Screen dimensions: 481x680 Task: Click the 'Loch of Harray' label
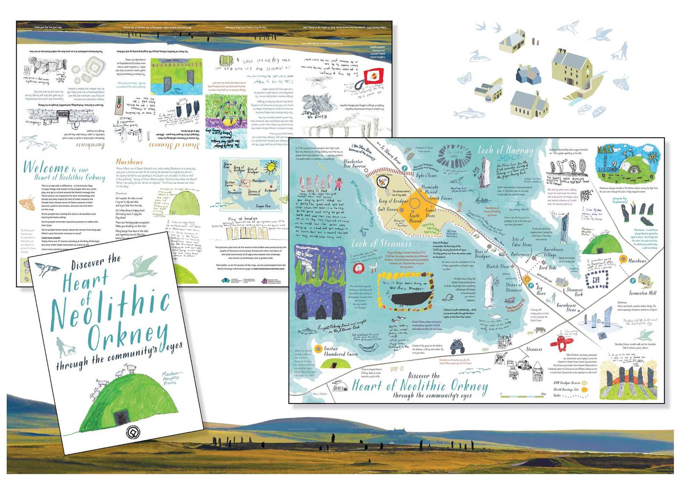(x=505, y=150)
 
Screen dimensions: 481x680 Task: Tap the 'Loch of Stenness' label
(x=381, y=244)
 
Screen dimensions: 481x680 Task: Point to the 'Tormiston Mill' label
(x=643, y=293)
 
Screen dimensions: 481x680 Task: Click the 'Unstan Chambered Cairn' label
(x=341, y=351)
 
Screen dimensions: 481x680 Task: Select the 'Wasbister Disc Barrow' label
(x=354, y=164)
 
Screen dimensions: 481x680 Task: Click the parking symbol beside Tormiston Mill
(x=633, y=281)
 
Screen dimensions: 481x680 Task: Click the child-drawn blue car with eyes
(x=457, y=345)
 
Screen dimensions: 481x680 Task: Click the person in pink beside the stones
(x=339, y=184)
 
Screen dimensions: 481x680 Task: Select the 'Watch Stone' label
(x=498, y=267)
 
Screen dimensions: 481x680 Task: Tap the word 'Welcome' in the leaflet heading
(x=46, y=168)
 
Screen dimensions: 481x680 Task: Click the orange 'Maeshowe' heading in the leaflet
(x=130, y=162)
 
